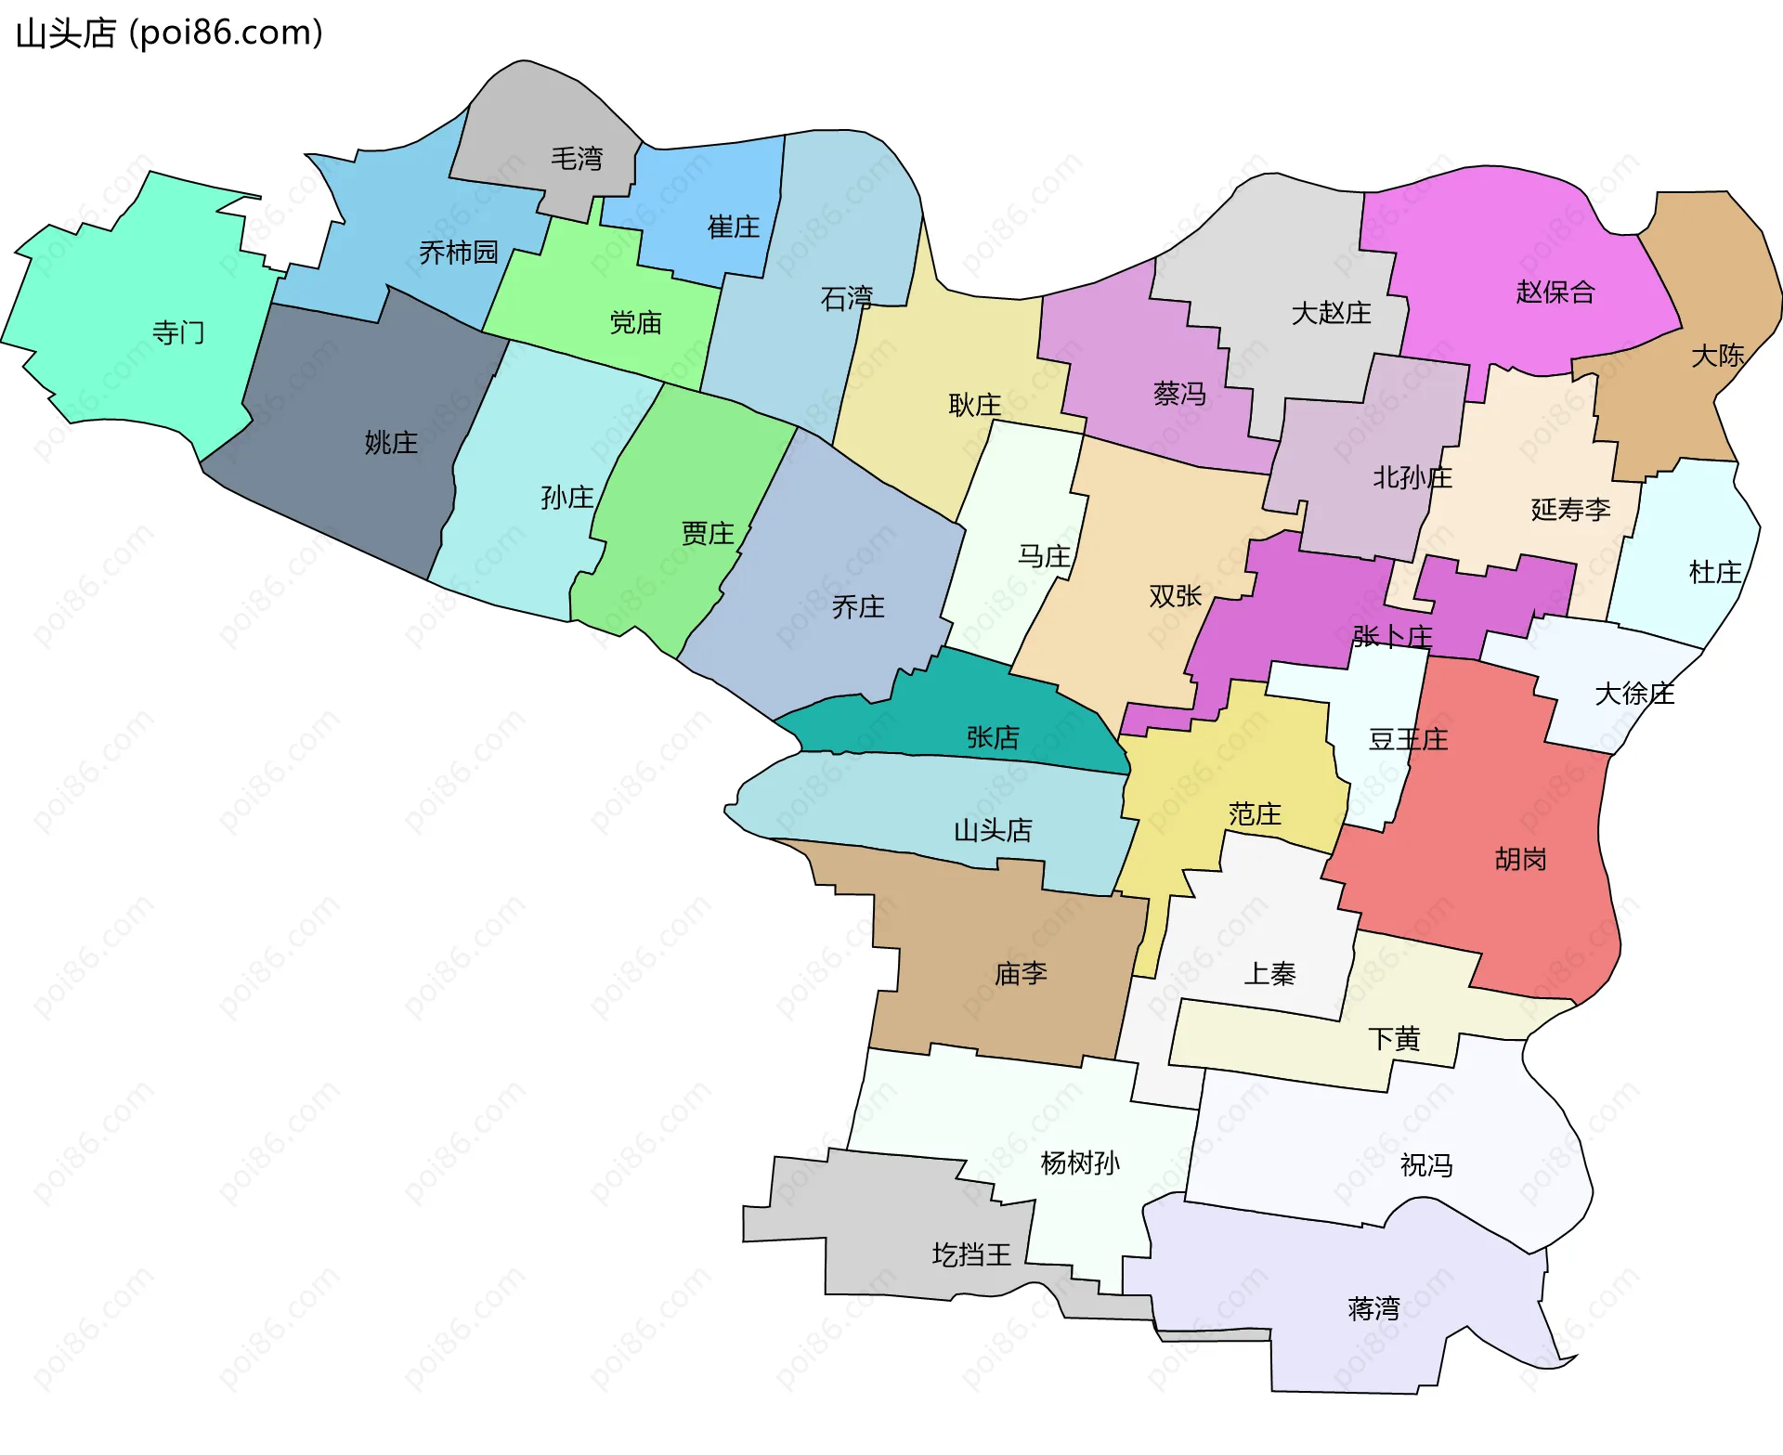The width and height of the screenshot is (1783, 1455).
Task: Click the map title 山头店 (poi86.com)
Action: pos(169,33)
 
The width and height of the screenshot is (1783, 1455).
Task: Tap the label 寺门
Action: pos(178,332)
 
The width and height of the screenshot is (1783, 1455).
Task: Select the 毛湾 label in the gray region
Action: pos(577,159)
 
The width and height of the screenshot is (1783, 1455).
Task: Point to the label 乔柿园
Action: pos(459,253)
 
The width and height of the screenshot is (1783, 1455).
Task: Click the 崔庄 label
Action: pos(734,227)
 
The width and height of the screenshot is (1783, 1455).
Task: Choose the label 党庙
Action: pos(636,323)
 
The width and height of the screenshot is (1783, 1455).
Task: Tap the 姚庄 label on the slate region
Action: pos(391,443)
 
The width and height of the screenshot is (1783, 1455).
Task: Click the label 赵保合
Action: pos(1555,292)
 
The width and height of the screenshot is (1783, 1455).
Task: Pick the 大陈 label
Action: pos(1718,356)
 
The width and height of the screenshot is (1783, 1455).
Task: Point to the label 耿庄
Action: pos(975,405)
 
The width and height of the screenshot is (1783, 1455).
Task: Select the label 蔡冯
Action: pos(1179,395)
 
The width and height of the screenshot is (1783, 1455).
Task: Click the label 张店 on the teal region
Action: pos(993,738)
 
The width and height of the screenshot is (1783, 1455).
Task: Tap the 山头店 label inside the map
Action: pos(993,830)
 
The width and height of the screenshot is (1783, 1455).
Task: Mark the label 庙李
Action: pos(1021,974)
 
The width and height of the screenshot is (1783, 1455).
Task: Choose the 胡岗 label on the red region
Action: pos(1521,860)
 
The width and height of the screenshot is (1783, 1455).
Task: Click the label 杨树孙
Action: pos(1080,1163)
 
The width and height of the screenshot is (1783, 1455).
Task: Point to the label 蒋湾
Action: pos(1373,1309)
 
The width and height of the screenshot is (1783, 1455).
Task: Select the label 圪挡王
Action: pos(971,1255)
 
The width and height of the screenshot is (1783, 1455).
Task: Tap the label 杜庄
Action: pos(1715,573)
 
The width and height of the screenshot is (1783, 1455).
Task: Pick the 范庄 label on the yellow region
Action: pos(1255,815)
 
